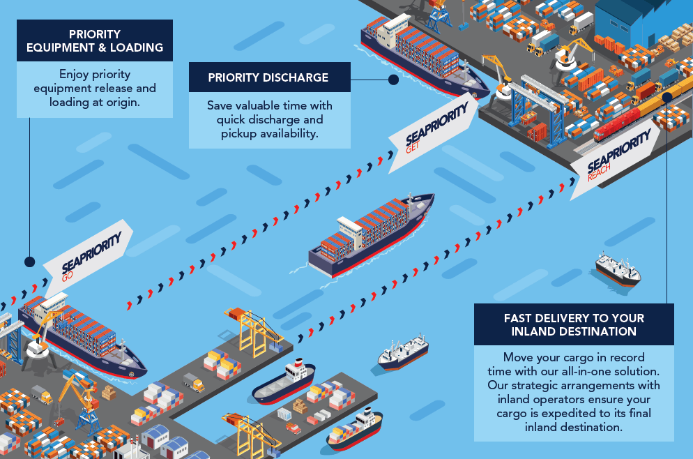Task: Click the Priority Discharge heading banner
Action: tap(268, 77)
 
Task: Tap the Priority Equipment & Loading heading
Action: tap(94, 41)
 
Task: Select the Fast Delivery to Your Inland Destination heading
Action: tap(574, 324)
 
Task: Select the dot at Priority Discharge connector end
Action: tap(393, 80)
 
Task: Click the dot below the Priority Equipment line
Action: tap(29, 262)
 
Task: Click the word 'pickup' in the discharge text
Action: tap(239, 133)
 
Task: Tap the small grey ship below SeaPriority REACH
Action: tap(617, 269)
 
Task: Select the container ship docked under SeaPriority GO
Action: tap(84, 336)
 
